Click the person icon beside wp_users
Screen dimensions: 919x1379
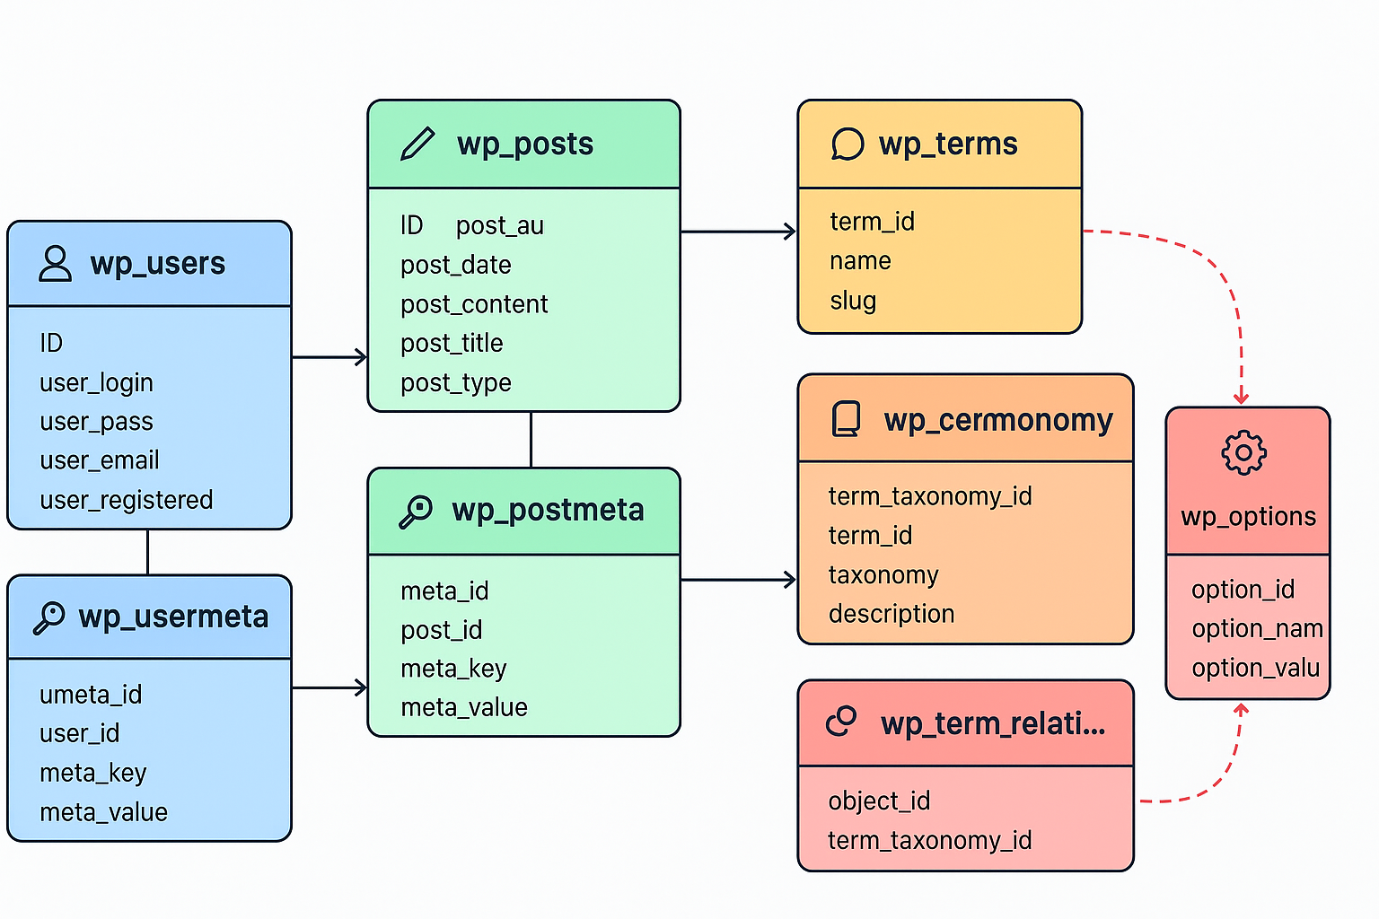(x=55, y=264)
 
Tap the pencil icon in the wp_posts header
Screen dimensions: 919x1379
(x=417, y=144)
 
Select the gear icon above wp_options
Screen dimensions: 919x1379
(x=1243, y=453)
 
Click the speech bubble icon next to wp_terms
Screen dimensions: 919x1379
(x=847, y=144)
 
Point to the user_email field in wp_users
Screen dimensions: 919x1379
(x=100, y=460)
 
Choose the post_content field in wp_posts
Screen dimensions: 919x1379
(x=474, y=304)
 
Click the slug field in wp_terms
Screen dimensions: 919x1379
(x=853, y=301)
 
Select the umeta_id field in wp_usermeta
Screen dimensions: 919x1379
(x=91, y=695)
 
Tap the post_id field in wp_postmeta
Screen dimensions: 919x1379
(x=442, y=630)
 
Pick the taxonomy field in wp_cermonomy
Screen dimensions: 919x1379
(x=883, y=574)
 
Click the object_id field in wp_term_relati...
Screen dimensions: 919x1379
(x=879, y=801)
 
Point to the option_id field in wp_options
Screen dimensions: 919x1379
(x=1243, y=590)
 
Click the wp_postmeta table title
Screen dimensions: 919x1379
(x=548, y=510)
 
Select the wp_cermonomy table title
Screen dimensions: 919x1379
(x=997, y=420)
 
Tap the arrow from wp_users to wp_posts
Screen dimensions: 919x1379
(x=329, y=357)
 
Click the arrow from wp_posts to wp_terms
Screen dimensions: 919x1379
(x=738, y=232)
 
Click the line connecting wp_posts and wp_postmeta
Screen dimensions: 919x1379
(x=531, y=440)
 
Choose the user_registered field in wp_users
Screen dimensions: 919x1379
(x=127, y=500)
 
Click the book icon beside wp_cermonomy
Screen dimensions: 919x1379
(x=846, y=419)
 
